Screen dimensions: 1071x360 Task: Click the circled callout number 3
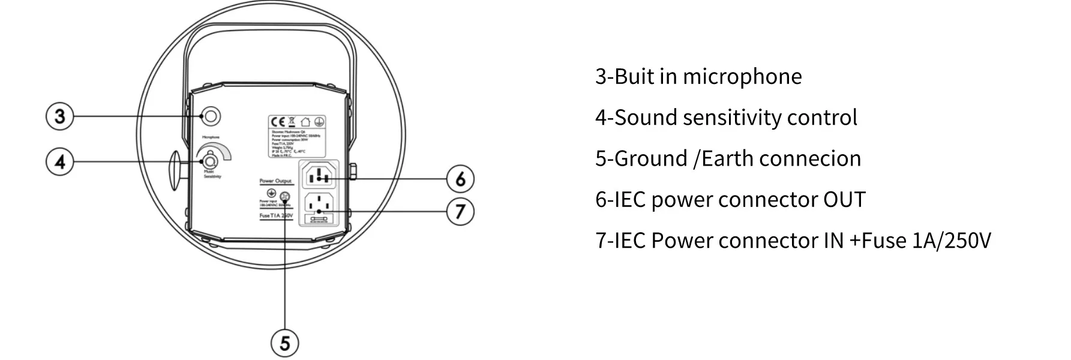[x=59, y=116]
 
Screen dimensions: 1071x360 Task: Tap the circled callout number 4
[x=59, y=161]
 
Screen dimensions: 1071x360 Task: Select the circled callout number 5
[x=284, y=343]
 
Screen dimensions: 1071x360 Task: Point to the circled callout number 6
[x=460, y=179]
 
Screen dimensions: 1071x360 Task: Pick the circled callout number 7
[x=460, y=212]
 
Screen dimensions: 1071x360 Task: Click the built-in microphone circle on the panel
[x=210, y=116]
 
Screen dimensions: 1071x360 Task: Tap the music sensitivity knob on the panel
[x=210, y=161]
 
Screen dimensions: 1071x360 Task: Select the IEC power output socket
[x=319, y=176]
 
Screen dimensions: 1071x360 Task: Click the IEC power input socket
[x=319, y=204]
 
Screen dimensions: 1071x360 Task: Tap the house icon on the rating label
[x=306, y=122]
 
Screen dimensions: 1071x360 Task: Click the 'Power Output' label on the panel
[x=275, y=181]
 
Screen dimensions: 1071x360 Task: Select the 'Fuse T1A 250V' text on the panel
[x=276, y=215]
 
